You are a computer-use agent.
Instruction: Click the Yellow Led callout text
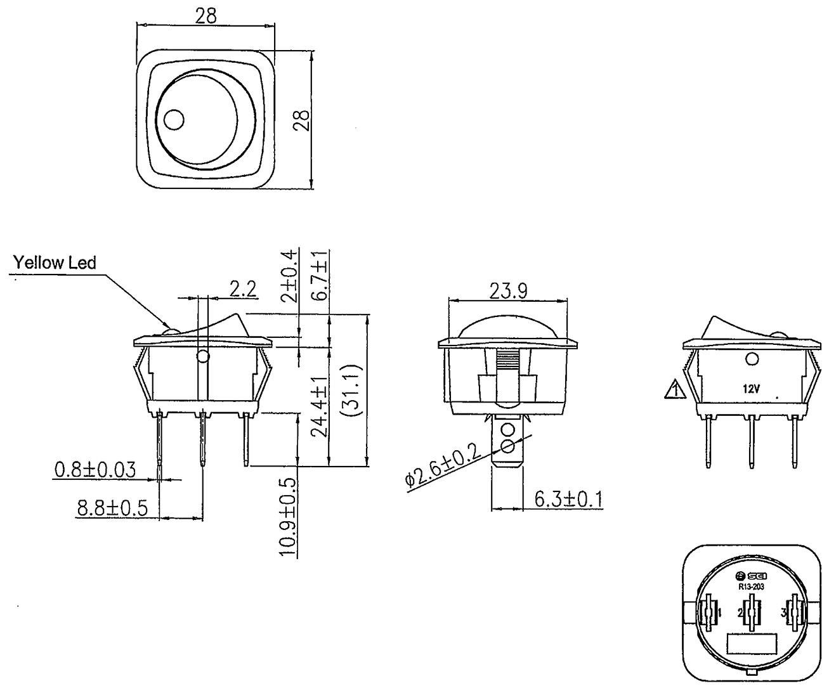(x=56, y=262)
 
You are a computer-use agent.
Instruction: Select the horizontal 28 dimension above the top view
(x=206, y=16)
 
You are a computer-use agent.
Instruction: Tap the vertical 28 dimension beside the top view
(x=303, y=120)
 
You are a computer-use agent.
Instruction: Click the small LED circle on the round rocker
(x=173, y=119)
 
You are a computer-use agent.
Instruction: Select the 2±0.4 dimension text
(x=289, y=276)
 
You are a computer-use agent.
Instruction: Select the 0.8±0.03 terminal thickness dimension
(x=95, y=470)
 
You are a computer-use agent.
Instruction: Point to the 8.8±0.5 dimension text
(x=112, y=508)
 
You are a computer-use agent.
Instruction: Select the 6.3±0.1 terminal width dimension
(x=568, y=499)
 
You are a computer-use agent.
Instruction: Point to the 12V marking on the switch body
(x=752, y=389)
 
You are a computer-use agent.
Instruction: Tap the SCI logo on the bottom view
(x=752, y=576)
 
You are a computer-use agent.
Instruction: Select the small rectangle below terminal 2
(x=752, y=644)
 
